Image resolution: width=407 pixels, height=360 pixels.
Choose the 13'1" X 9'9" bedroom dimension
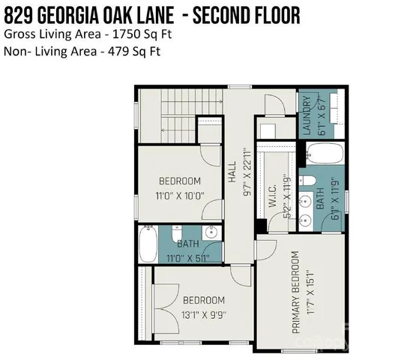(190, 315)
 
